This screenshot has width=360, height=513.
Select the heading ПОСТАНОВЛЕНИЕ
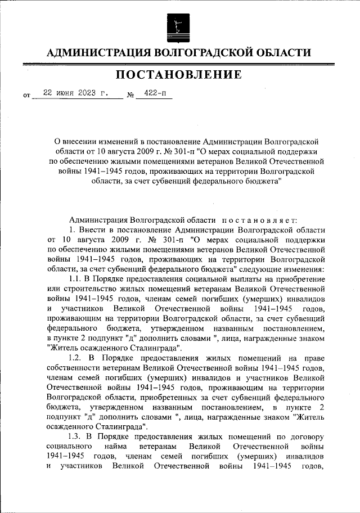pyautogui.click(x=179, y=75)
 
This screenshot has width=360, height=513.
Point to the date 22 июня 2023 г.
pyautogui.click(x=71, y=93)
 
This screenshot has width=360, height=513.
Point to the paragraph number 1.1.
pyautogui.click(x=76, y=278)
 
